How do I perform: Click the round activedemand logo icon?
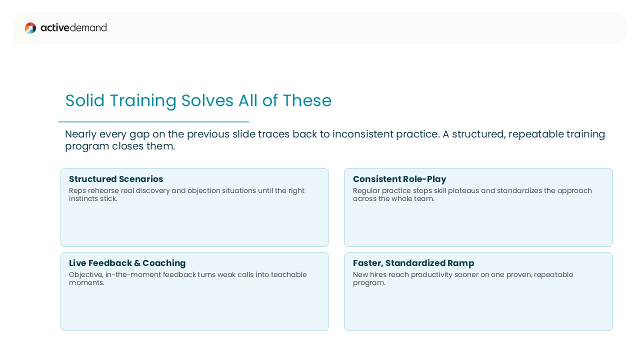coord(30,28)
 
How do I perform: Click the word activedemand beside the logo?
coord(73,27)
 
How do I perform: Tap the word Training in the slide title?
coord(143,101)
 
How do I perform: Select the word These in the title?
coord(307,100)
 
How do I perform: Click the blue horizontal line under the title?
coord(153,121)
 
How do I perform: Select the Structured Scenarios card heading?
coord(116,179)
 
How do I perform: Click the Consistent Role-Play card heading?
coord(399,179)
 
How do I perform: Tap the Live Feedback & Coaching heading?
coord(127,263)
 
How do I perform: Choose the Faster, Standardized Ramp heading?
coord(413,263)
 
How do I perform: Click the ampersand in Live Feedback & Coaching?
coord(137,263)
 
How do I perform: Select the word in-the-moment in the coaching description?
coord(133,274)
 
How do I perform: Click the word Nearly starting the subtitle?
coord(80,134)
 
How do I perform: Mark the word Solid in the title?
coord(84,100)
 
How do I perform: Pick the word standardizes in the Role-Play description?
coord(519,190)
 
